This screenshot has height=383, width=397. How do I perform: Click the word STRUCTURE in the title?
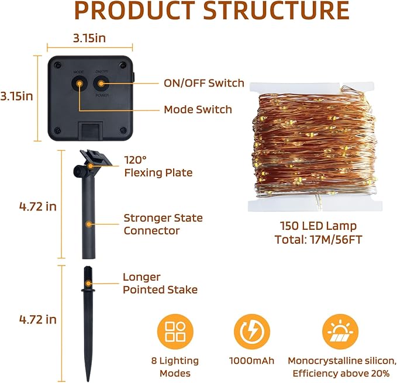coord(276,11)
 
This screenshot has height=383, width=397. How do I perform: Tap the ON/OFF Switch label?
coord(204,83)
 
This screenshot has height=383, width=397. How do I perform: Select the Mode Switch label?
coord(198,109)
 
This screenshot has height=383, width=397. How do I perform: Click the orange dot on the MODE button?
coord(80,84)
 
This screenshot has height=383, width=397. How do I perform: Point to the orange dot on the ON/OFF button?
coord(101,83)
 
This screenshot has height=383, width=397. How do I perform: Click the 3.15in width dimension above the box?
coord(89,38)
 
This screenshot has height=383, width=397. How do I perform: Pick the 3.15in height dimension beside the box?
coord(16,96)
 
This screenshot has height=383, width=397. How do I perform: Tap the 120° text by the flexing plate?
coord(135,160)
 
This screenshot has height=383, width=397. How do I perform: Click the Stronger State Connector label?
coord(163,225)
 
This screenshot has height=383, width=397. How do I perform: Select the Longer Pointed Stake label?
coord(160,283)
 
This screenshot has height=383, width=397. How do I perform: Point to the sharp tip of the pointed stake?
coord(88,381)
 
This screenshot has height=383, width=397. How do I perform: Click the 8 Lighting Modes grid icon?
coord(175,332)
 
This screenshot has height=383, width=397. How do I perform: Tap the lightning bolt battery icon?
coord(252,332)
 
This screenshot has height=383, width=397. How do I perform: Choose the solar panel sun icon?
coord(340,332)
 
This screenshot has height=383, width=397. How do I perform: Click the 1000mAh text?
coord(251,361)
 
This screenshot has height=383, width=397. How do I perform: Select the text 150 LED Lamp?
coord(319,226)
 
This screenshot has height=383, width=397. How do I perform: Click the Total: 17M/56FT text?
coord(319,240)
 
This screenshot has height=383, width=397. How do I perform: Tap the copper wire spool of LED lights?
coord(315,147)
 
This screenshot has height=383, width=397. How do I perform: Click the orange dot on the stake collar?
coord(88,284)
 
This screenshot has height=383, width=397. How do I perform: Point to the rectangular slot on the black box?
coord(91,131)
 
